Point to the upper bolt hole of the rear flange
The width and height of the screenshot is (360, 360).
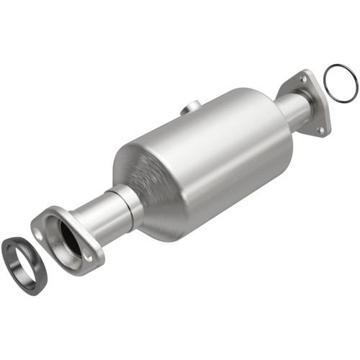301,78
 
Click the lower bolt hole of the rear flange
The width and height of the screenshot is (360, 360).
322,130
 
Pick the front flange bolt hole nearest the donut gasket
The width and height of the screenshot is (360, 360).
37,233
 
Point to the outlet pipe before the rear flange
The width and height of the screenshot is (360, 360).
291,109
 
